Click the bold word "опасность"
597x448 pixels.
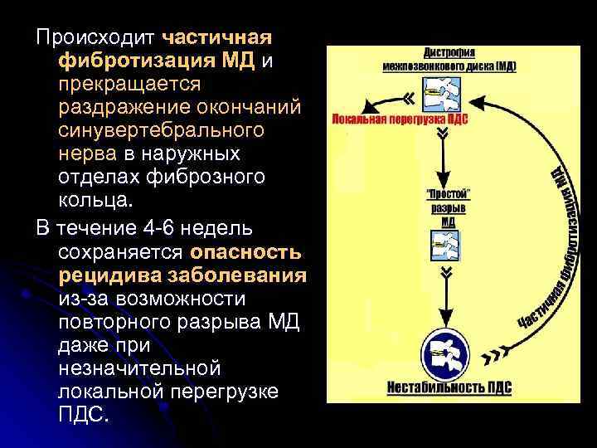246,251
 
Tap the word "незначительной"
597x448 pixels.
139,367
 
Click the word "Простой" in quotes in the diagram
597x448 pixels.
448,194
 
